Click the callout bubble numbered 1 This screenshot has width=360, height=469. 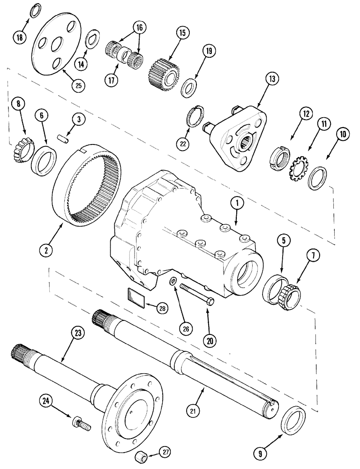[x=237, y=203]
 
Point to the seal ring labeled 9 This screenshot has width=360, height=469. [x=294, y=420]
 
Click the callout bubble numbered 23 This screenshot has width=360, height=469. [x=76, y=333]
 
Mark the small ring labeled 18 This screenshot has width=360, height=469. [x=35, y=12]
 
